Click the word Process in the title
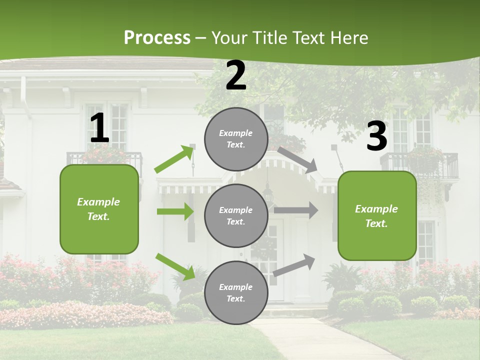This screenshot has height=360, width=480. [x=157, y=37]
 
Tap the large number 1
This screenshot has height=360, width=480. [x=99, y=128]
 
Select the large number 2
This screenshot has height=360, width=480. [x=236, y=75]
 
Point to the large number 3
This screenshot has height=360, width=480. [x=376, y=136]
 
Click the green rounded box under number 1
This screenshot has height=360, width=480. [x=99, y=209]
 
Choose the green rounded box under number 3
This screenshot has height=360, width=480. [x=377, y=215]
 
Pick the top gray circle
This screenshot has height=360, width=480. [x=236, y=139]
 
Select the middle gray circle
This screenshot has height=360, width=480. [x=236, y=215]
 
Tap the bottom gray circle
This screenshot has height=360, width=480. [x=236, y=292]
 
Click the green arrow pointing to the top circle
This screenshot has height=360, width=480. [x=174, y=158]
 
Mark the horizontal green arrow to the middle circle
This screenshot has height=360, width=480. [x=175, y=211]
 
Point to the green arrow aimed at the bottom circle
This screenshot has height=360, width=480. [x=175, y=266]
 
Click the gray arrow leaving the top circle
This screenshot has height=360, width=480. [x=298, y=160]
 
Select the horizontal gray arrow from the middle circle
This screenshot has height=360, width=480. [x=296, y=210]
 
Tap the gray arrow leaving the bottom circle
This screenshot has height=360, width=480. [x=294, y=265]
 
